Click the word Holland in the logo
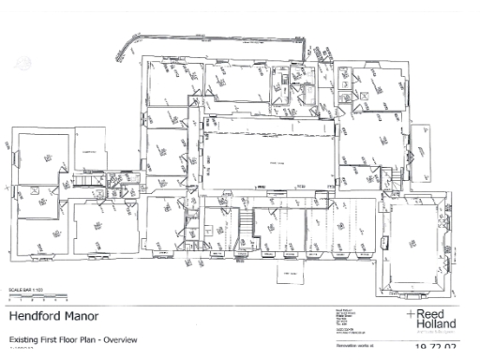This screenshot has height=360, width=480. [x=434, y=325]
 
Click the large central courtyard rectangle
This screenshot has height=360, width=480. [x=267, y=161]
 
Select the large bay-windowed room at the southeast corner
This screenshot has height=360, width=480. [x=419, y=239]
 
